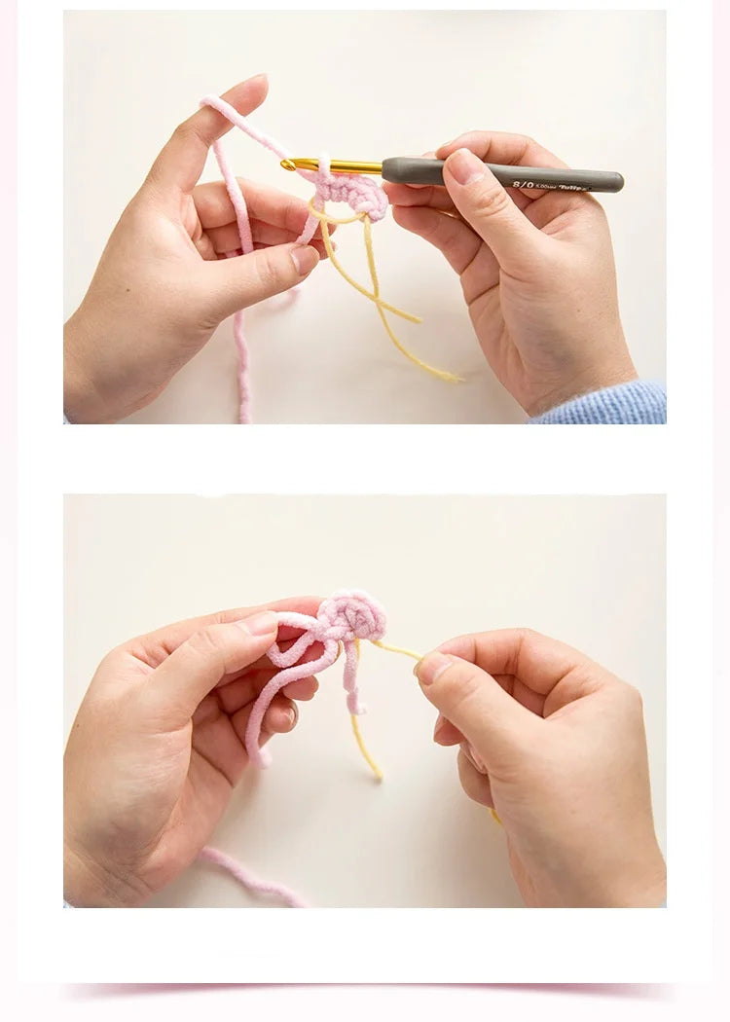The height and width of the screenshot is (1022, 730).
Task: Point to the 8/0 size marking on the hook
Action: click(x=523, y=182)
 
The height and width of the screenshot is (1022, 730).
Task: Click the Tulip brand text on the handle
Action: click(x=575, y=185)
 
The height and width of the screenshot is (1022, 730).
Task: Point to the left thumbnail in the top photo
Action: click(x=305, y=259)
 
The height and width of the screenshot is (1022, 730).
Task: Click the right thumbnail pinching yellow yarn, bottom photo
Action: click(x=433, y=667)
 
